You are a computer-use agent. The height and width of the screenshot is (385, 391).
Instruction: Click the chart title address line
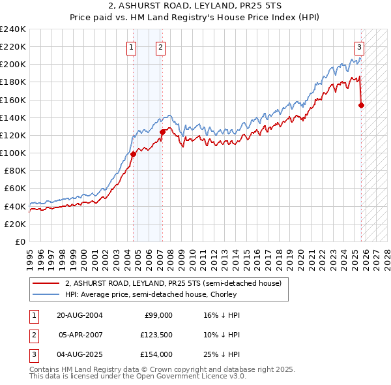pyautogui.click(x=195, y=6)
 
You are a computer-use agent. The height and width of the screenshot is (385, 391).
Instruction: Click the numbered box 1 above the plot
pyautogui.click(x=132, y=47)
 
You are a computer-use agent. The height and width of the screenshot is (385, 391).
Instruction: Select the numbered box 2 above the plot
pyautogui.click(x=160, y=47)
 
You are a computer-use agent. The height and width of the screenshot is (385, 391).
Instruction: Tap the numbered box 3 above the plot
pyautogui.click(x=359, y=47)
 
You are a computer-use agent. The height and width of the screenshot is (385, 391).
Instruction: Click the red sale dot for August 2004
pyautogui.click(x=133, y=154)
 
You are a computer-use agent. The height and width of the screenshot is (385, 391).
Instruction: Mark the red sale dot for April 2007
pyautogui.click(x=162, y=132)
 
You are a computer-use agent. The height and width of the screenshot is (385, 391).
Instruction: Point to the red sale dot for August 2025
pyautogui.click(x=362, y=105)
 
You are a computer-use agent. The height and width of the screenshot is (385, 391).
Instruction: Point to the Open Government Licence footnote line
pyautogui.click(x=138, y=377)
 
